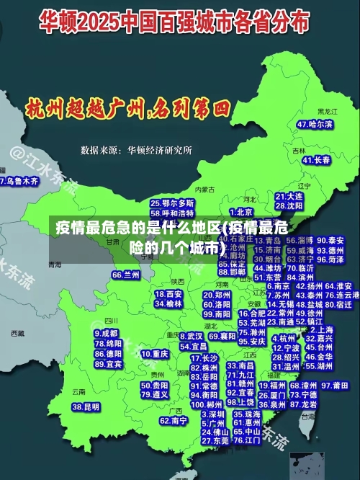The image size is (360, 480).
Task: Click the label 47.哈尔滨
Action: pyautogui.click(x=315, y=124)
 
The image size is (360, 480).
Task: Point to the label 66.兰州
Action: pyautogui.click(x=126, y=275)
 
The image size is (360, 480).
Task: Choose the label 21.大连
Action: pyautogui.click(x=289, y=196)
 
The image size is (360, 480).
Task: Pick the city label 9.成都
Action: pyautogui.click(x=107, y=334)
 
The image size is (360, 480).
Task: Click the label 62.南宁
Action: pyautogui.click(x=173, y=420)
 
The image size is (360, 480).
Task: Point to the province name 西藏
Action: pyautogui.click(x=17, y=334)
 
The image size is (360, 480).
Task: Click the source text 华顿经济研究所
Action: pyautogui.click(x=159, y=150)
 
